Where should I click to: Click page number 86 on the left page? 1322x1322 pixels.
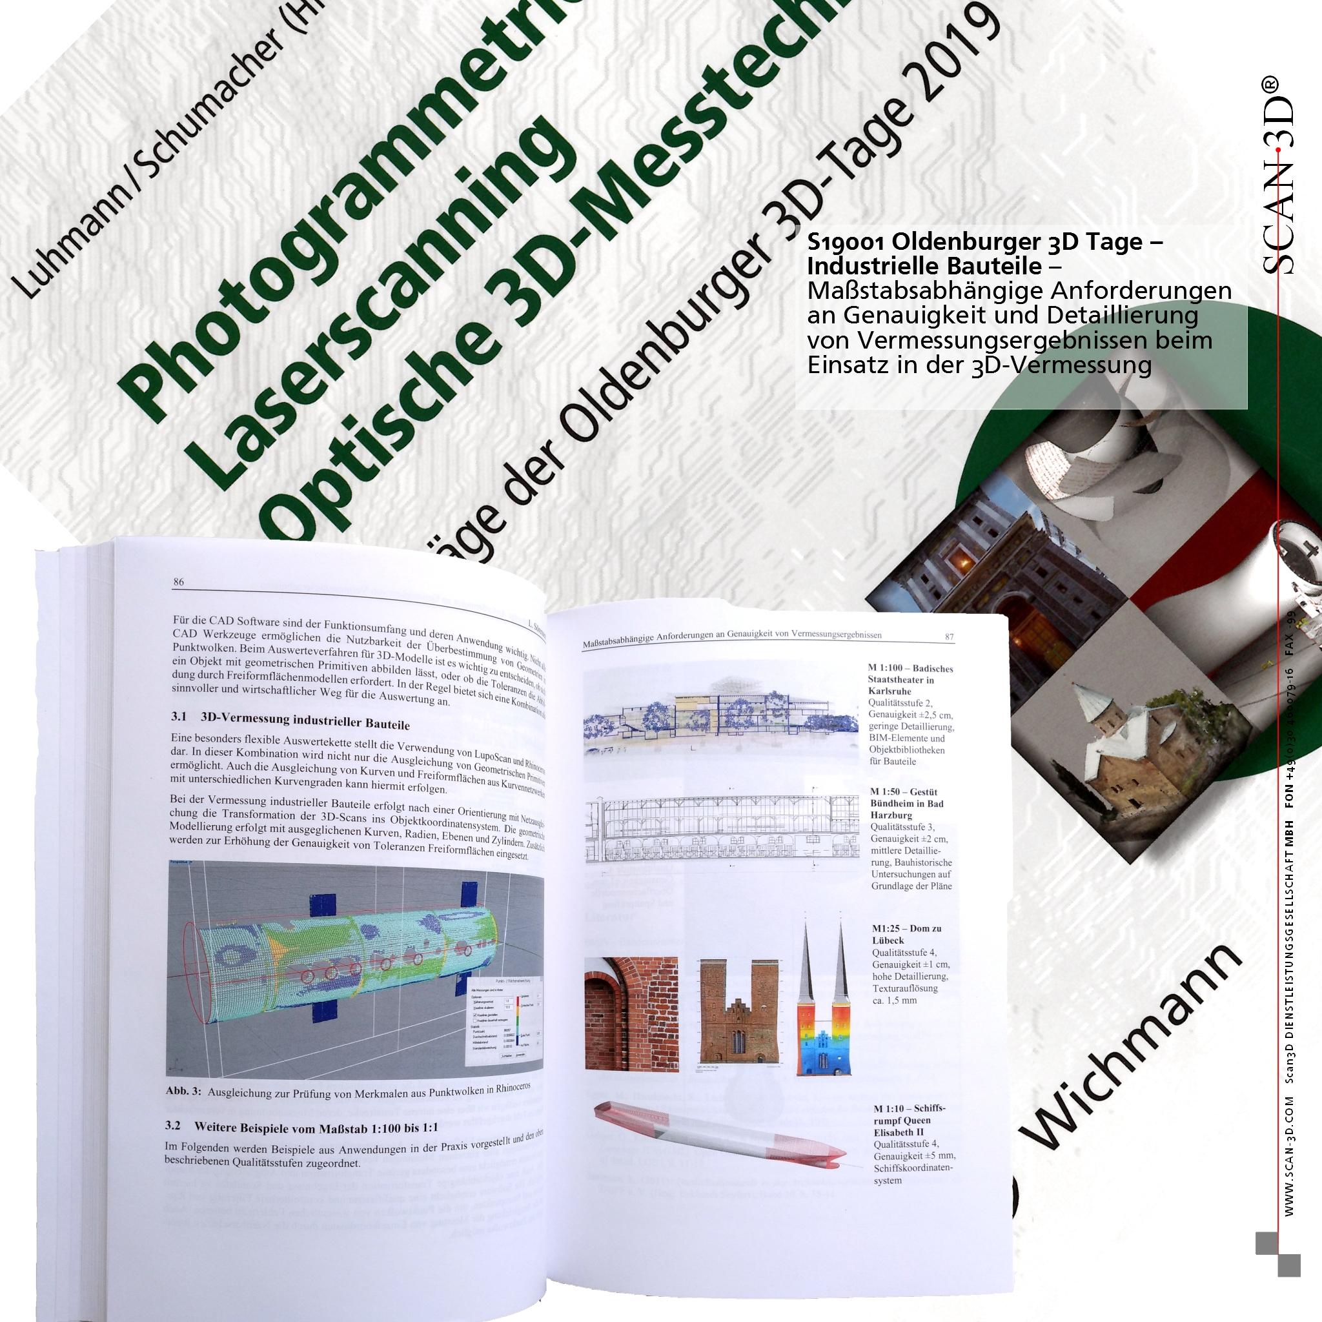[x=179, y=582]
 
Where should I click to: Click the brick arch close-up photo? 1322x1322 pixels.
[x=630, y=1012]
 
